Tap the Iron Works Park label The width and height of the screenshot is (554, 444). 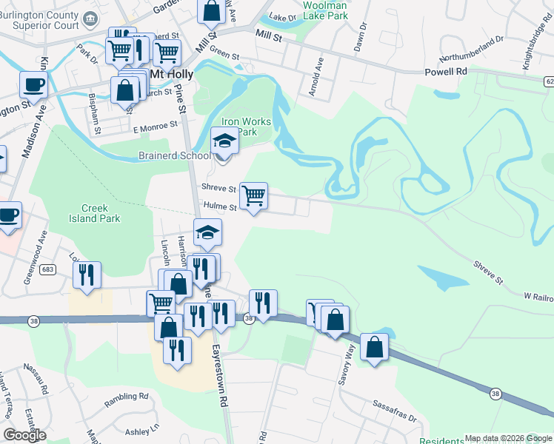click(x=246, y=127)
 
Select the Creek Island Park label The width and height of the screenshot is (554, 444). click(x=100, y=213)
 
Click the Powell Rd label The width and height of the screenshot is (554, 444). click(x=446, y=72)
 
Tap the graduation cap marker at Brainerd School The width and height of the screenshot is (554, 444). click(x=224, y=141)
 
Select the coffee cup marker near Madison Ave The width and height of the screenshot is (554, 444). click(x=33, y=84)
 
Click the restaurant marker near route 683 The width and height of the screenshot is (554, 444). click(x=87, y=275)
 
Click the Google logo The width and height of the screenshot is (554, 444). click(x=25, y=435)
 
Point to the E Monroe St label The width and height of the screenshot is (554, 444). click(x=155, y=127)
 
